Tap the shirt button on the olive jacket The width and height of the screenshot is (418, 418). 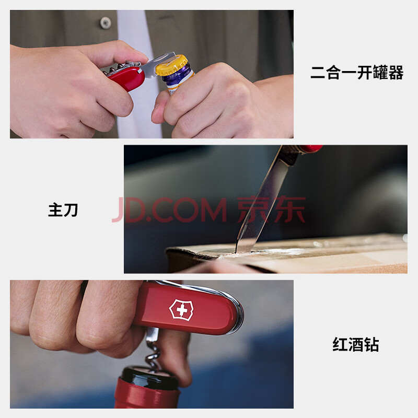click(106, 23)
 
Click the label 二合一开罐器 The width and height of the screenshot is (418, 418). click(357, 73)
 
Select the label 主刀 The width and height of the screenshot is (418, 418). click(63, 210)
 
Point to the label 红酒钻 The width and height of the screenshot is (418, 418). click(356, 344)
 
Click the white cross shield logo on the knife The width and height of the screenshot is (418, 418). click(181, 310)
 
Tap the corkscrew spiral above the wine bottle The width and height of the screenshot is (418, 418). click(153, 352)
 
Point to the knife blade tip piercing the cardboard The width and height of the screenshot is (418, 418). click(236, 251)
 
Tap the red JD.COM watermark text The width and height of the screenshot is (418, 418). click(170, 210)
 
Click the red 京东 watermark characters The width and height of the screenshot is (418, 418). click(271, 210)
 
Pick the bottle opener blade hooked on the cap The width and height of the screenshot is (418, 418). click(157, 65)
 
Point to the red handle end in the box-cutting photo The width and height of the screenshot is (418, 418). click(310, 148)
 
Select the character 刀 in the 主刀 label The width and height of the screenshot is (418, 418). click(71, 210)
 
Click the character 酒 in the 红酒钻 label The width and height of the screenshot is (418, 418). click(356, 344)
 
